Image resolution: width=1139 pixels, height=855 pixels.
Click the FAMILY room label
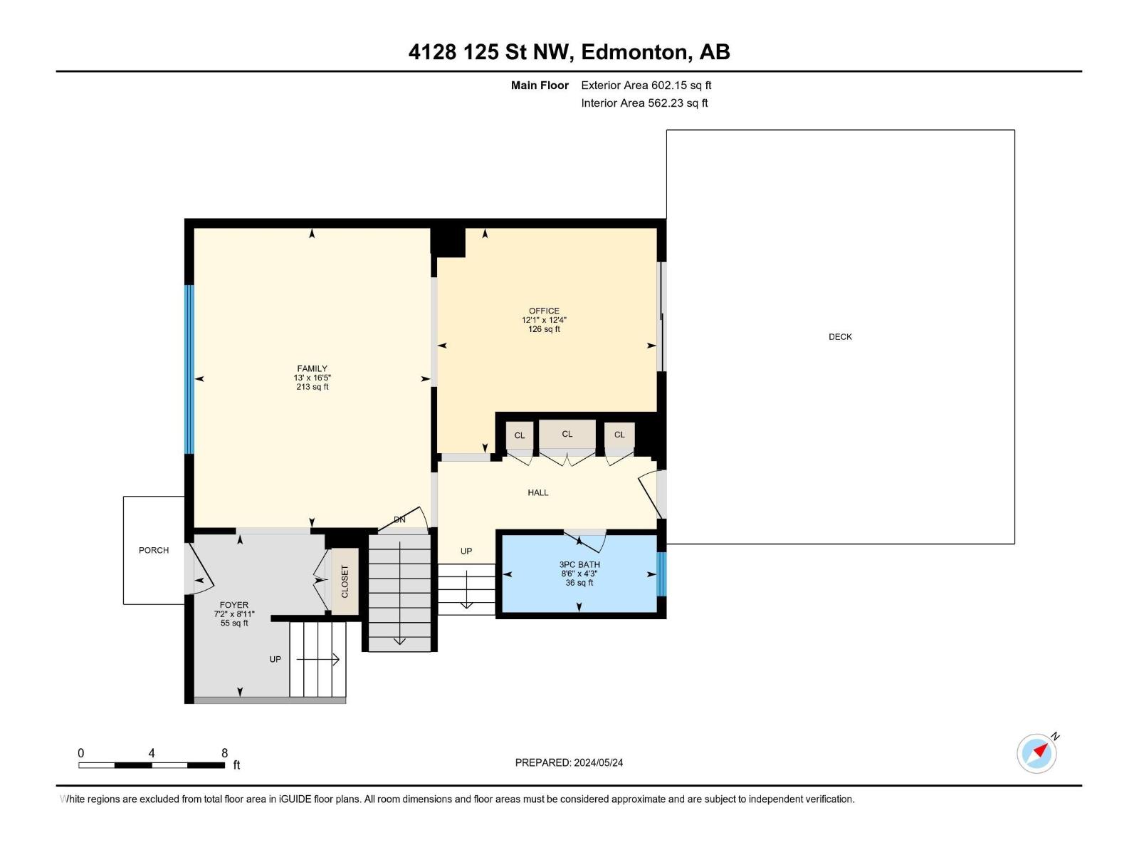tap(312, 369)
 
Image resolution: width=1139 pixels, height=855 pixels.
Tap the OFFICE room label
tap(544, 311)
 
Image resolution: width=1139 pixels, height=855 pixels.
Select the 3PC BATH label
tap(579, 564)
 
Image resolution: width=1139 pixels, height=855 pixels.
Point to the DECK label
tap(840, 337)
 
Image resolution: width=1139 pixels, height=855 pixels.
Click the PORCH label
tap(154, 550)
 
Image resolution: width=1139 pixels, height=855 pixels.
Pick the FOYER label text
tap(233, 605)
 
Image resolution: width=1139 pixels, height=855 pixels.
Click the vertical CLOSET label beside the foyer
tap(345, 581)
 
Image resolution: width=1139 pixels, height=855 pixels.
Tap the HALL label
tap(538, 492)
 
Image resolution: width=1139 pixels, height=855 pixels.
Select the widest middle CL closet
tap(567, 434)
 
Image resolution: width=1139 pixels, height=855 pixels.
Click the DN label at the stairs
tap(400, 520)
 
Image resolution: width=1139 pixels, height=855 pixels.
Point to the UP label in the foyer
tap(275, 660)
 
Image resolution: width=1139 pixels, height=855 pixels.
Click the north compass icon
tap(1036, 753)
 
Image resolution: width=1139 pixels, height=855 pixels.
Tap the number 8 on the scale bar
tap(225, 753)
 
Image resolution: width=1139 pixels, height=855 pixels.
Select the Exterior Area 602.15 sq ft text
tap(646, 85)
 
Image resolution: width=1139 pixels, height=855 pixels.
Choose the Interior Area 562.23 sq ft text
tap(644, 103)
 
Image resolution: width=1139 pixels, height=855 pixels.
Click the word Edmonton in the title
tap(635, 52)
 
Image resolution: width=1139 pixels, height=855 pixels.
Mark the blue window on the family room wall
tap(189, 369)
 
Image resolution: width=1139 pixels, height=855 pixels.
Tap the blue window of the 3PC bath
tap(661, 574)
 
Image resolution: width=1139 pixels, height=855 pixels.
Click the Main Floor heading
tap(540, 85)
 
